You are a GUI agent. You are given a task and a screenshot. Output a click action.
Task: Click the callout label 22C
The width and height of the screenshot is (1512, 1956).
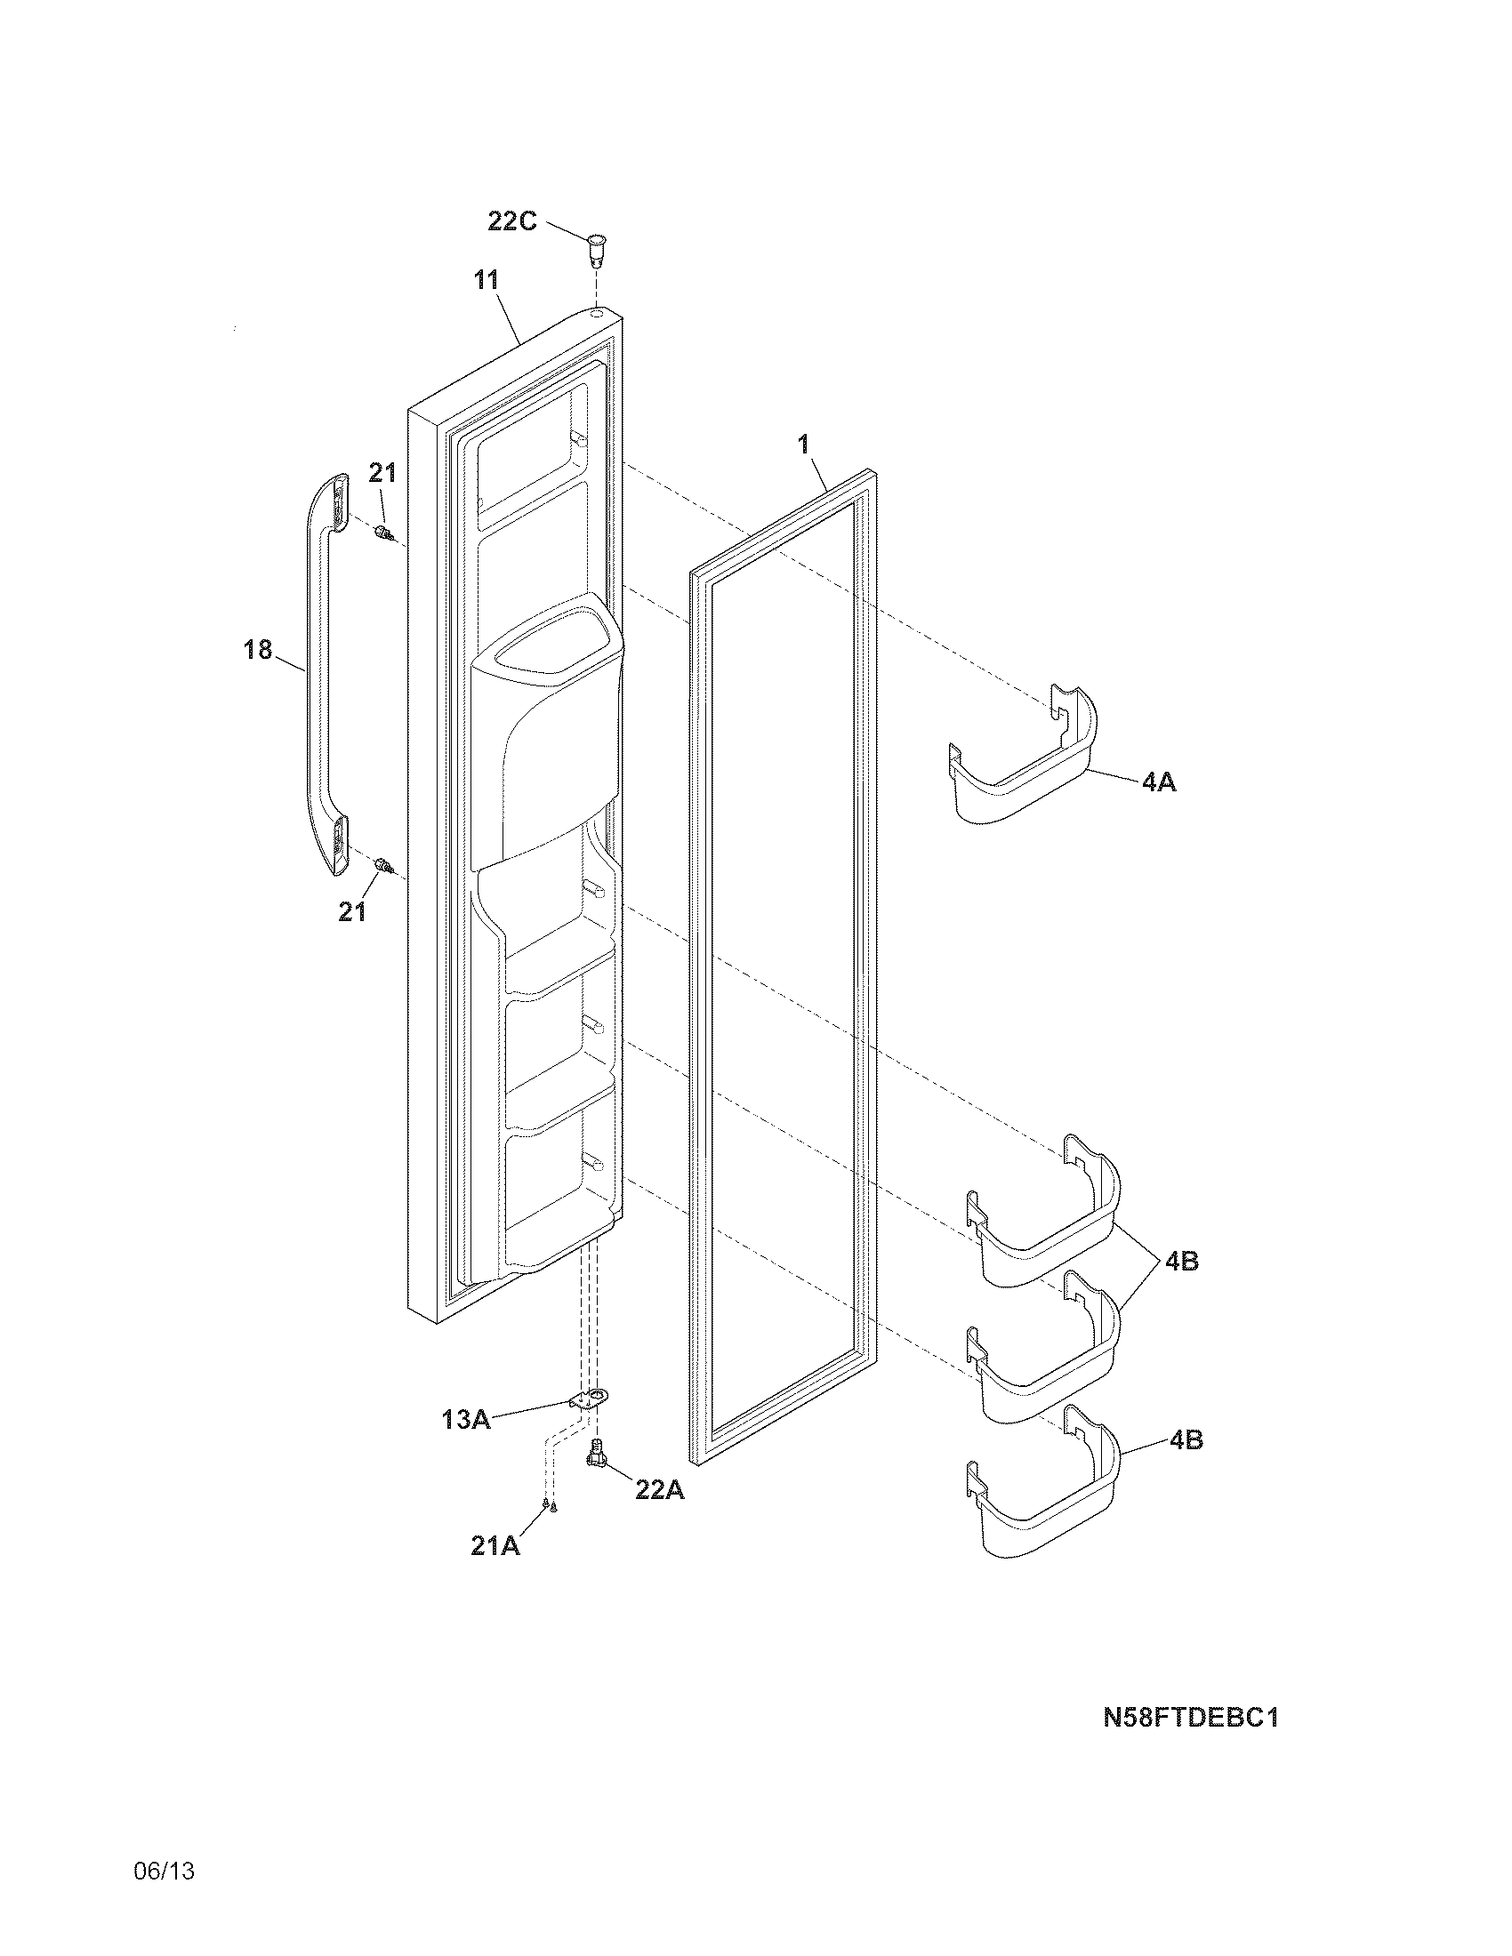tap(511, 220)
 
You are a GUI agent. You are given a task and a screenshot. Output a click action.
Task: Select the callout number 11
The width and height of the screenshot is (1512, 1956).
tap(487, 280)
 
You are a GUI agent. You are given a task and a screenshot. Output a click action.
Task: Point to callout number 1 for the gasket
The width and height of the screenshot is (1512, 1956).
tap(803, 444)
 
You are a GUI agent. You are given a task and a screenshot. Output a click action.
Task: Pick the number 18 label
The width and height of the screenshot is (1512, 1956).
tap(258, 649)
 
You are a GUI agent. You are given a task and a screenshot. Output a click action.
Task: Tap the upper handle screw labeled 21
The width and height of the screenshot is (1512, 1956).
tap(385, 534)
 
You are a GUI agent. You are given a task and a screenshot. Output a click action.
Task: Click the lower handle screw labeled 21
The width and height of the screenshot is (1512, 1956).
tap(384, 865)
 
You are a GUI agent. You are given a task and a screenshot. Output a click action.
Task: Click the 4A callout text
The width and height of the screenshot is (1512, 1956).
tap(1158, 782)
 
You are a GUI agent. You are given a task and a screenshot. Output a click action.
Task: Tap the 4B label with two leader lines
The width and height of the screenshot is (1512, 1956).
tap(1181, 1261)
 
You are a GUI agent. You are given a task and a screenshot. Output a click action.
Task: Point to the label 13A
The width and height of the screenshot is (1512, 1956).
tap(466, 1419)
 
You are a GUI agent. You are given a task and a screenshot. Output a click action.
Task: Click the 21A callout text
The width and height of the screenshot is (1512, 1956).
tap(495, 1546)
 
